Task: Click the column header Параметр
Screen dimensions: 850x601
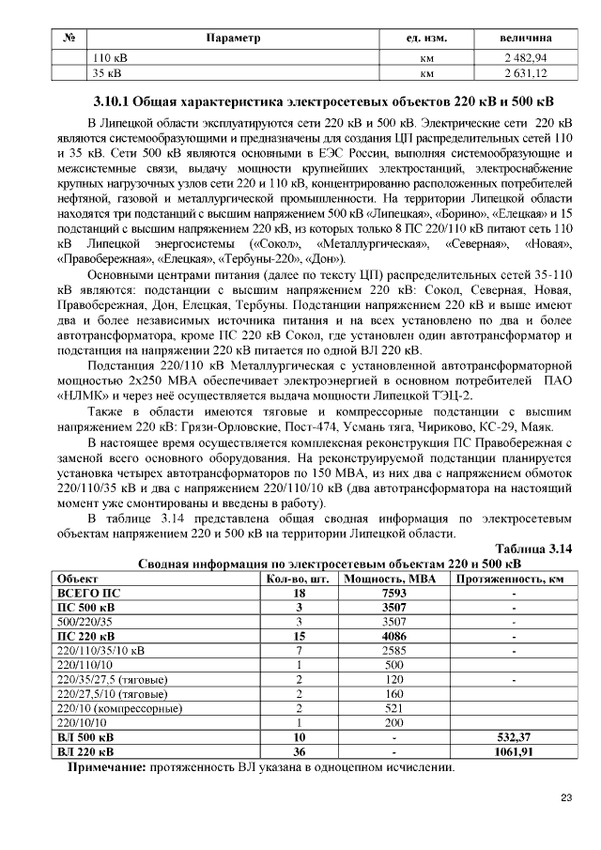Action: point(232,39)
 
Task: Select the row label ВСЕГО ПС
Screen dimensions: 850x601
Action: point(89,594)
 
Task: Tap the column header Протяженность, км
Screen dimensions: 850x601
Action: point(511,580)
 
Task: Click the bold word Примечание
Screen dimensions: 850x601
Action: point(106,767)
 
